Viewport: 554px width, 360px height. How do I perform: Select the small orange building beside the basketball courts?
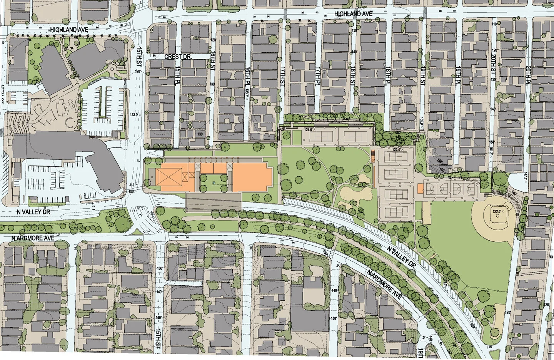[x=420, y=188]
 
